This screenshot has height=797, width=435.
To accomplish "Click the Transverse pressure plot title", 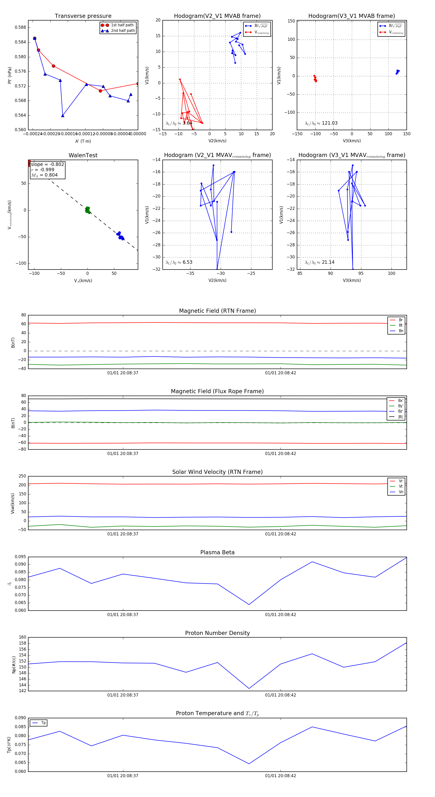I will [83, 16].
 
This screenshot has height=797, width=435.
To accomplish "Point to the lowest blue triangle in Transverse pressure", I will [63, 116].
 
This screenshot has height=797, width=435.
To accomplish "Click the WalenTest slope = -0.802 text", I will [47, 164].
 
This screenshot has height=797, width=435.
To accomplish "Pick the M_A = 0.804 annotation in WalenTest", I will [44, 175].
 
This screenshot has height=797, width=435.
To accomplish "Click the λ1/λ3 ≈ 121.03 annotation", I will [321, 123].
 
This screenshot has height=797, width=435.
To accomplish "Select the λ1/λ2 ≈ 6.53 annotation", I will [179, 262].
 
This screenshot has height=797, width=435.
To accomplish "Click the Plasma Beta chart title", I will [217, 552].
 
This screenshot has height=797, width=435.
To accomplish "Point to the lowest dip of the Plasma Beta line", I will [249, 605].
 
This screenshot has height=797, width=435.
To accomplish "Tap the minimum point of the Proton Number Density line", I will [249, 688].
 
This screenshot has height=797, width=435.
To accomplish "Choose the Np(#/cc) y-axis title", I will [14, 664].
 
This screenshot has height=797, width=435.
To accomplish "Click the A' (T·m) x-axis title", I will [83, 141].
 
